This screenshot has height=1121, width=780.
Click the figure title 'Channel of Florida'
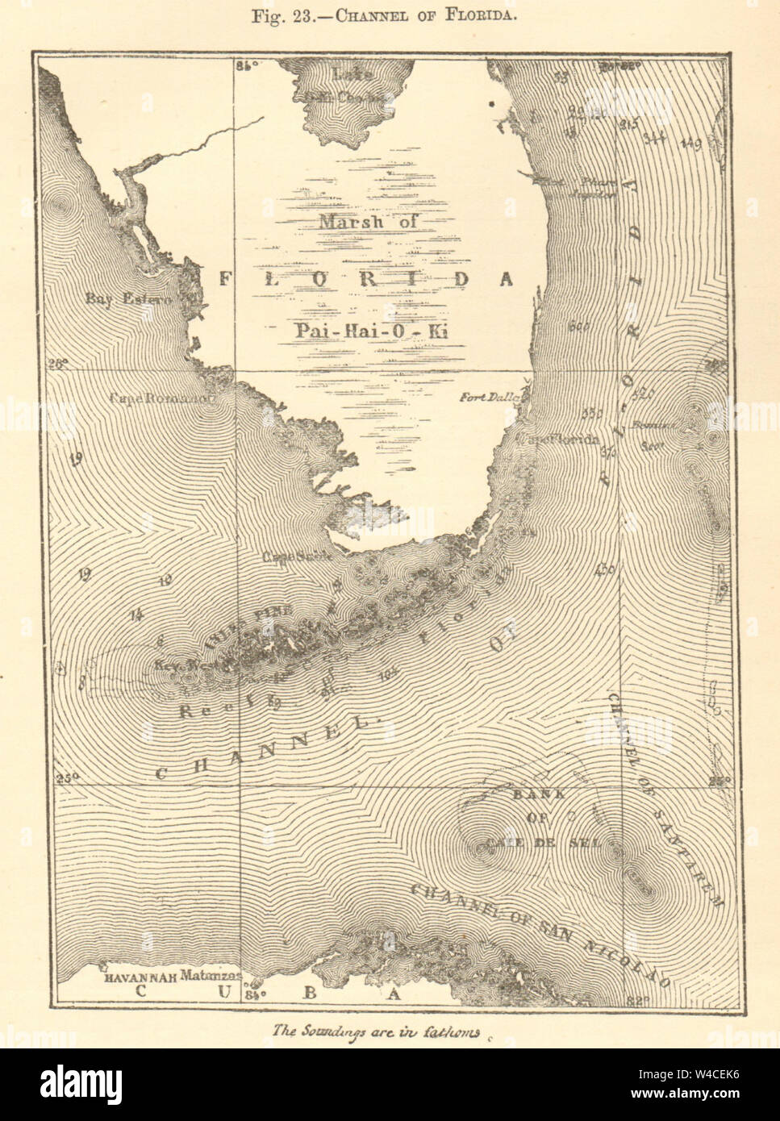tap(390, 17)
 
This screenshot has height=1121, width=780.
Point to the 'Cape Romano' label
tap(162, 398)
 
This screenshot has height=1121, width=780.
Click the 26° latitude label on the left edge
tap(57, 364)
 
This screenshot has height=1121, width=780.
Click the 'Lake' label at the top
tap(352, 75)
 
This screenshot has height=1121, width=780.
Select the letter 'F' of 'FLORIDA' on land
tap(228, 279)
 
